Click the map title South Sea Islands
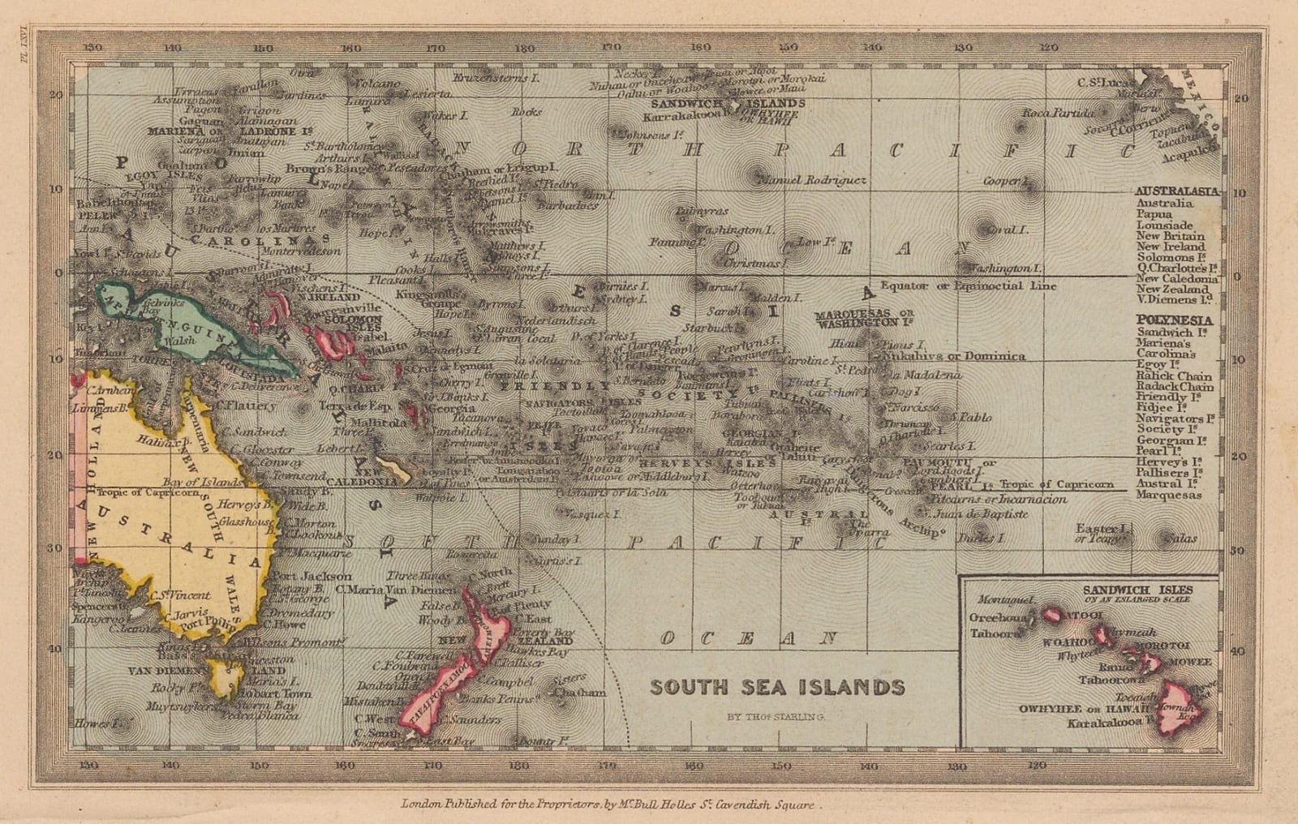tap(776, 688)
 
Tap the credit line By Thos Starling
tap(776, 717)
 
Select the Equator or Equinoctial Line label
tap(968, 285)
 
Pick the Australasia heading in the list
tap(1176, 191)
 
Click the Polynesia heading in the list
tap(1174, 320)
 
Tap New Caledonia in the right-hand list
tap(1176, 278)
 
